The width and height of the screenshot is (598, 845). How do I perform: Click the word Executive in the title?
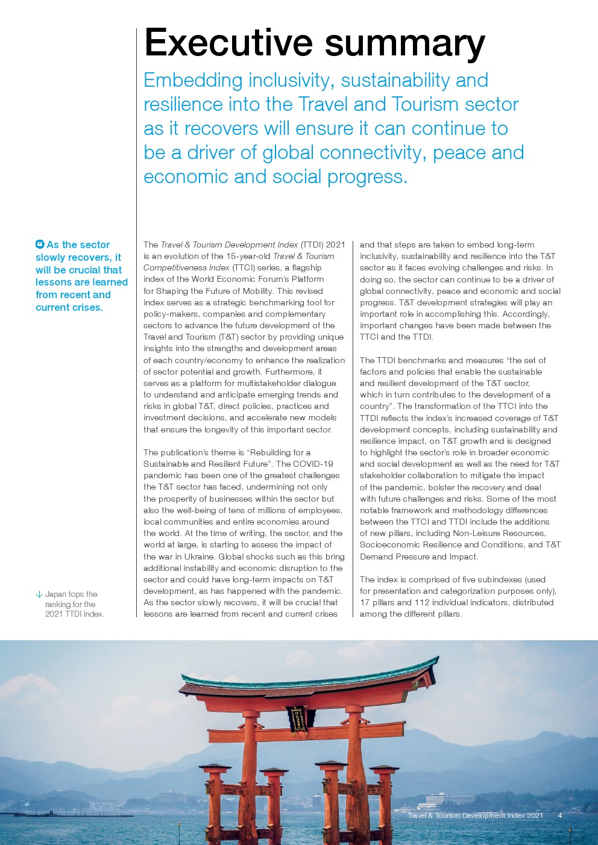tap(228, 43)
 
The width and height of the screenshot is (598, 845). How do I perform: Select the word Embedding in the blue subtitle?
tap(193, 81)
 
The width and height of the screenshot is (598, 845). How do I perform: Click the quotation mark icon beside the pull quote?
tap(40, 245)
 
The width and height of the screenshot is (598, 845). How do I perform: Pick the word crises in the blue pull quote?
tap(85, 307)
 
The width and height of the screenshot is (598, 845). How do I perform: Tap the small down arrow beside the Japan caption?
tap(39, 594)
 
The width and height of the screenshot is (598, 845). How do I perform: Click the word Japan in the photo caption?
tap(55, 594)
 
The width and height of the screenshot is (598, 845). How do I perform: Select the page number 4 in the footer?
tap(560, 815)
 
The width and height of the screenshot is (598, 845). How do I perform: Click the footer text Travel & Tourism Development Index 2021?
tap(475, 815)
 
